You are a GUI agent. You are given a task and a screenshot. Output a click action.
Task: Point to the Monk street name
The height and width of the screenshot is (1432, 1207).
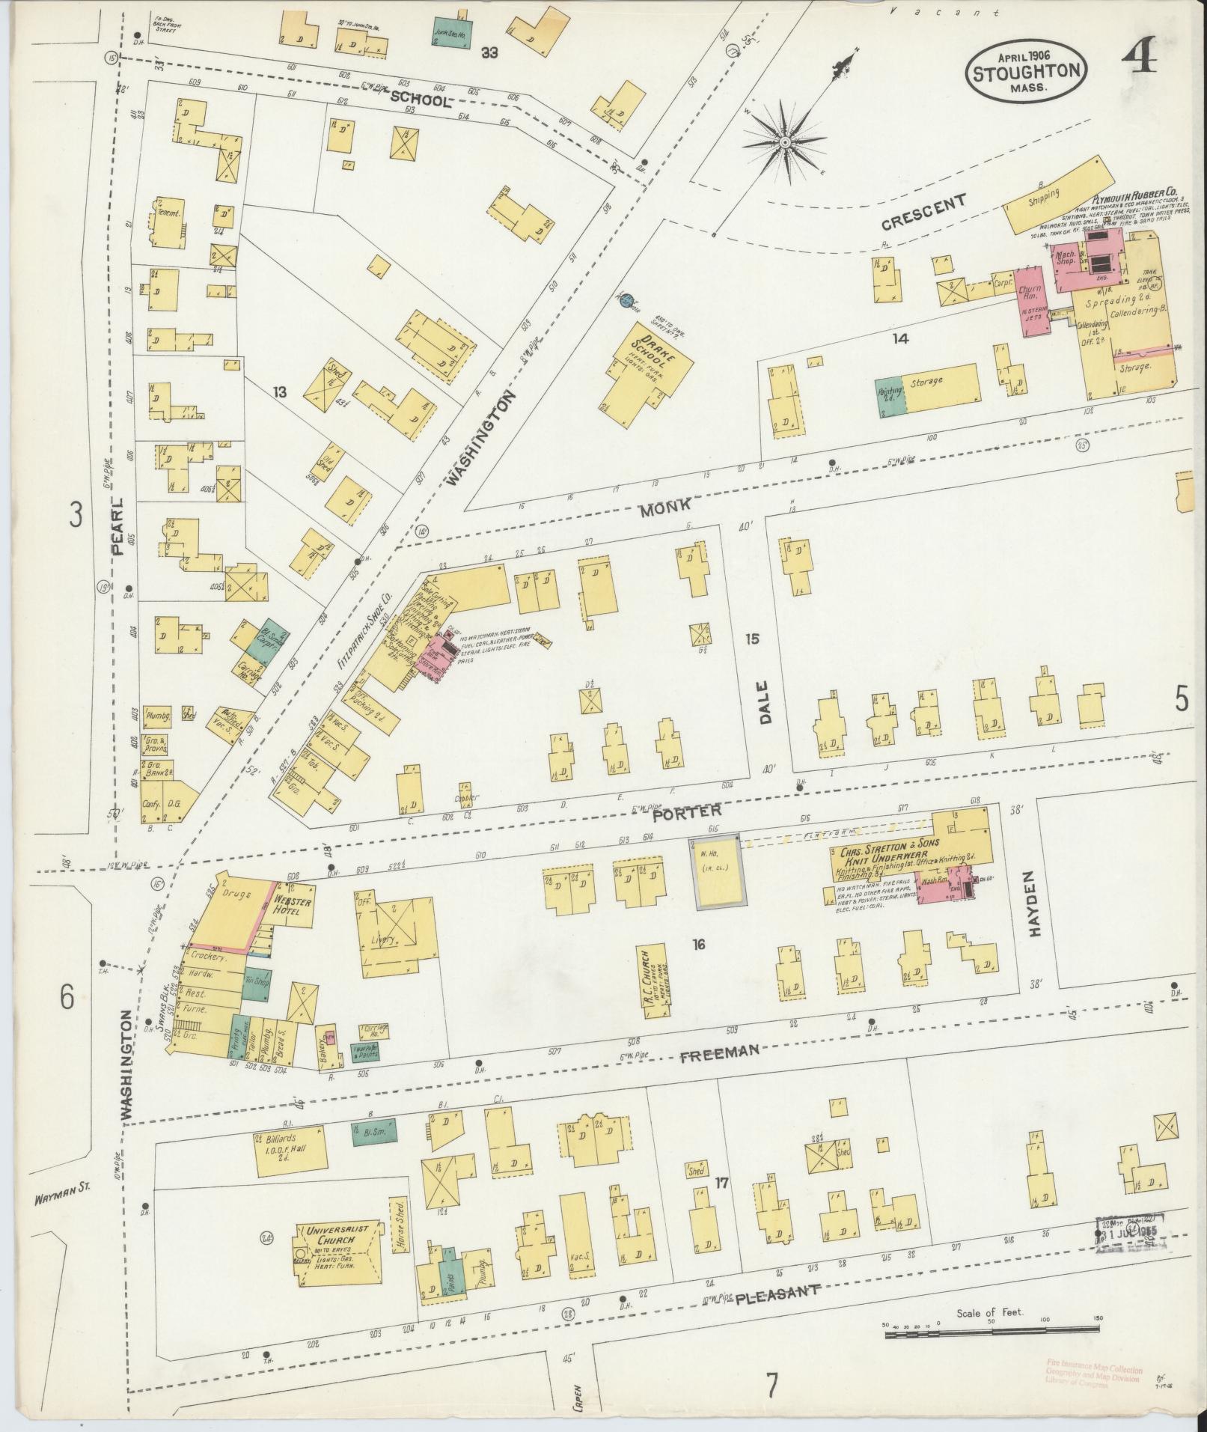coord(666,509)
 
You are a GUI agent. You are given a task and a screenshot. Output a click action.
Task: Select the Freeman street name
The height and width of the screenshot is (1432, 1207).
coord(720,1052)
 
